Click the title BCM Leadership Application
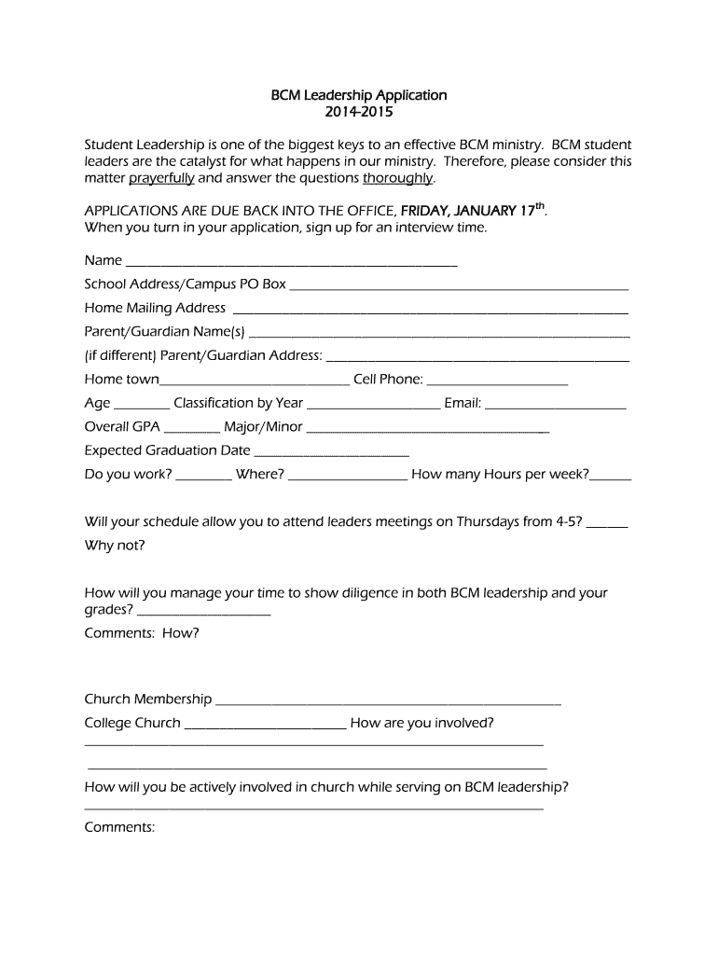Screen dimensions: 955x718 (x=359, y=95)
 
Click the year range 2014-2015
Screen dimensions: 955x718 (x=359, y=113)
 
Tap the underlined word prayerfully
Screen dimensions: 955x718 (x=161, y=178)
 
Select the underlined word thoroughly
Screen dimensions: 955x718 (x=397, y=178)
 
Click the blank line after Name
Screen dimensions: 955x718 (x=291, y=263)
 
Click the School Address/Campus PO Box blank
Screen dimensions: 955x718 (x=459, y=287)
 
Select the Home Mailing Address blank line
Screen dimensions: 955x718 (x=430, y=311)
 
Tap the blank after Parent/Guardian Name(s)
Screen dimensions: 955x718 (x=439, y=335)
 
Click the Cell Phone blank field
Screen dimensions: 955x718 (x=497, y=382)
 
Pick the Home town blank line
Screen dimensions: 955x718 (x=255, y=382)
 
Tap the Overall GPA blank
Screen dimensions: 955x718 (x=192, y=430)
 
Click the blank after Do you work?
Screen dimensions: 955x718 (x=203, y=477)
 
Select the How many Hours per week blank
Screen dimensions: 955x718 (x=611, y=477)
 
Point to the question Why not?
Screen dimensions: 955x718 (x=115, y=545)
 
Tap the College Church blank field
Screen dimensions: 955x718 (x=266, y=727)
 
